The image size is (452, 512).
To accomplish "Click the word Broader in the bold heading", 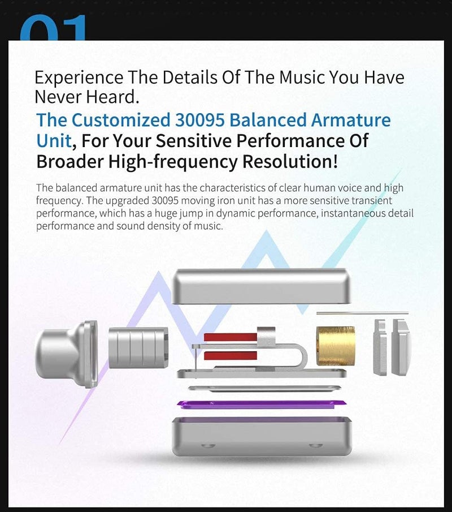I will coord(70,161).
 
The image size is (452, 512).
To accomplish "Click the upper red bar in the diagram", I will coord(230,337).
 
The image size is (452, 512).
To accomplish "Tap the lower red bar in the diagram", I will coord(230,355).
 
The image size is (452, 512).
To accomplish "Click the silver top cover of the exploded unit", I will coord(261,285).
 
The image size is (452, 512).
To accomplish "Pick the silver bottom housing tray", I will coord(261,436).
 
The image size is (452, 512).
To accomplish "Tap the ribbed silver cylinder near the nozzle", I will coord(138,347).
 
